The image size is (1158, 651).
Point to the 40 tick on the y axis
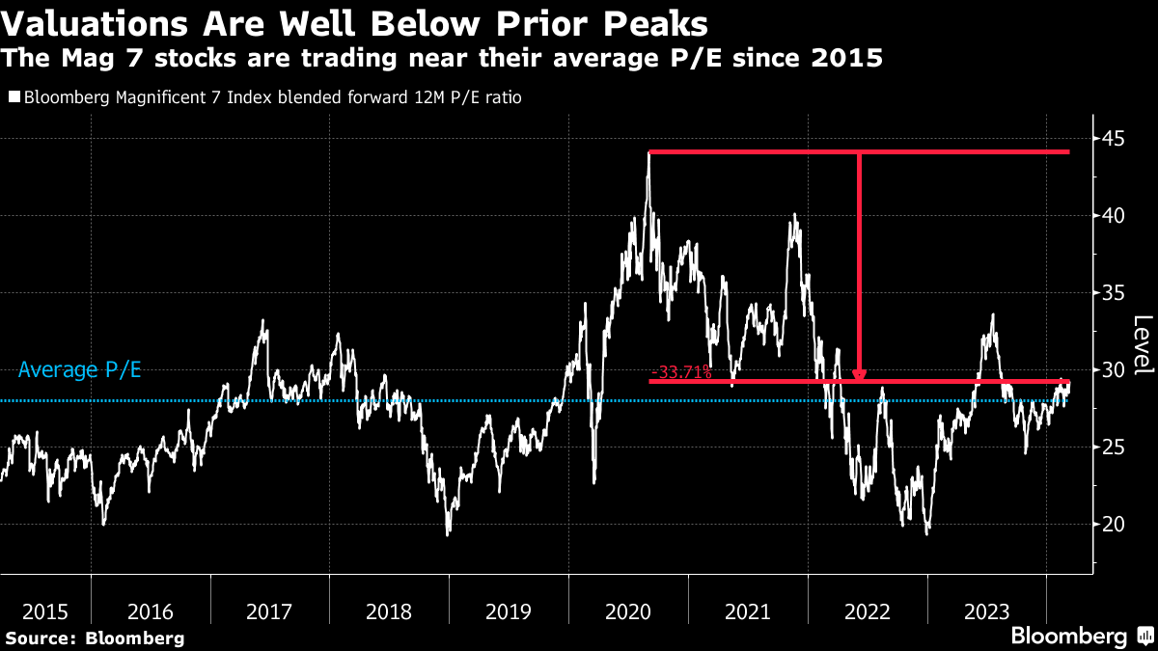pyautogui.click(x=1116, y=215)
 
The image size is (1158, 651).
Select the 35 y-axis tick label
pyautogui.click(x=1116, y=292)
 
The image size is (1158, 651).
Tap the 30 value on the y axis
pyautogui.click(x=1116, y=369)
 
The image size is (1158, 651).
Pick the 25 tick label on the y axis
pyautogui.click(x=1116, y=447)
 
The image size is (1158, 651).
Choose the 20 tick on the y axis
pyautogui.click(x=1116, y=524)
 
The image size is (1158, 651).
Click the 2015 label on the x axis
pyautogui.click(x=45, y=611)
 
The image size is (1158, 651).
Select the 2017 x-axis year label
pyautogui.click(x=270, y=611)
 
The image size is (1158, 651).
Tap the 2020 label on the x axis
pyautogui.click(x=628, y=611)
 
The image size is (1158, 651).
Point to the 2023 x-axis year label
pyautogui.click(x=986, y=611)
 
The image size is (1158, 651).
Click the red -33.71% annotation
pyautogui.click(x=681, y=372)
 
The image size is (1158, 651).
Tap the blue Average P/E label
pyautogui.click(x=80, y=369)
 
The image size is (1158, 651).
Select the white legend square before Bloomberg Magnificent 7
pyautogui.click(x=14, y=97)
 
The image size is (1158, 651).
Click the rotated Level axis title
pyautogui.click(x=1143, y=345)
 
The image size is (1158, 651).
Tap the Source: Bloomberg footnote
pyautogui.click(x=95, y=637)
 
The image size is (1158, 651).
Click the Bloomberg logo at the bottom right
pyautogui.click(x=1068, y=637)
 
